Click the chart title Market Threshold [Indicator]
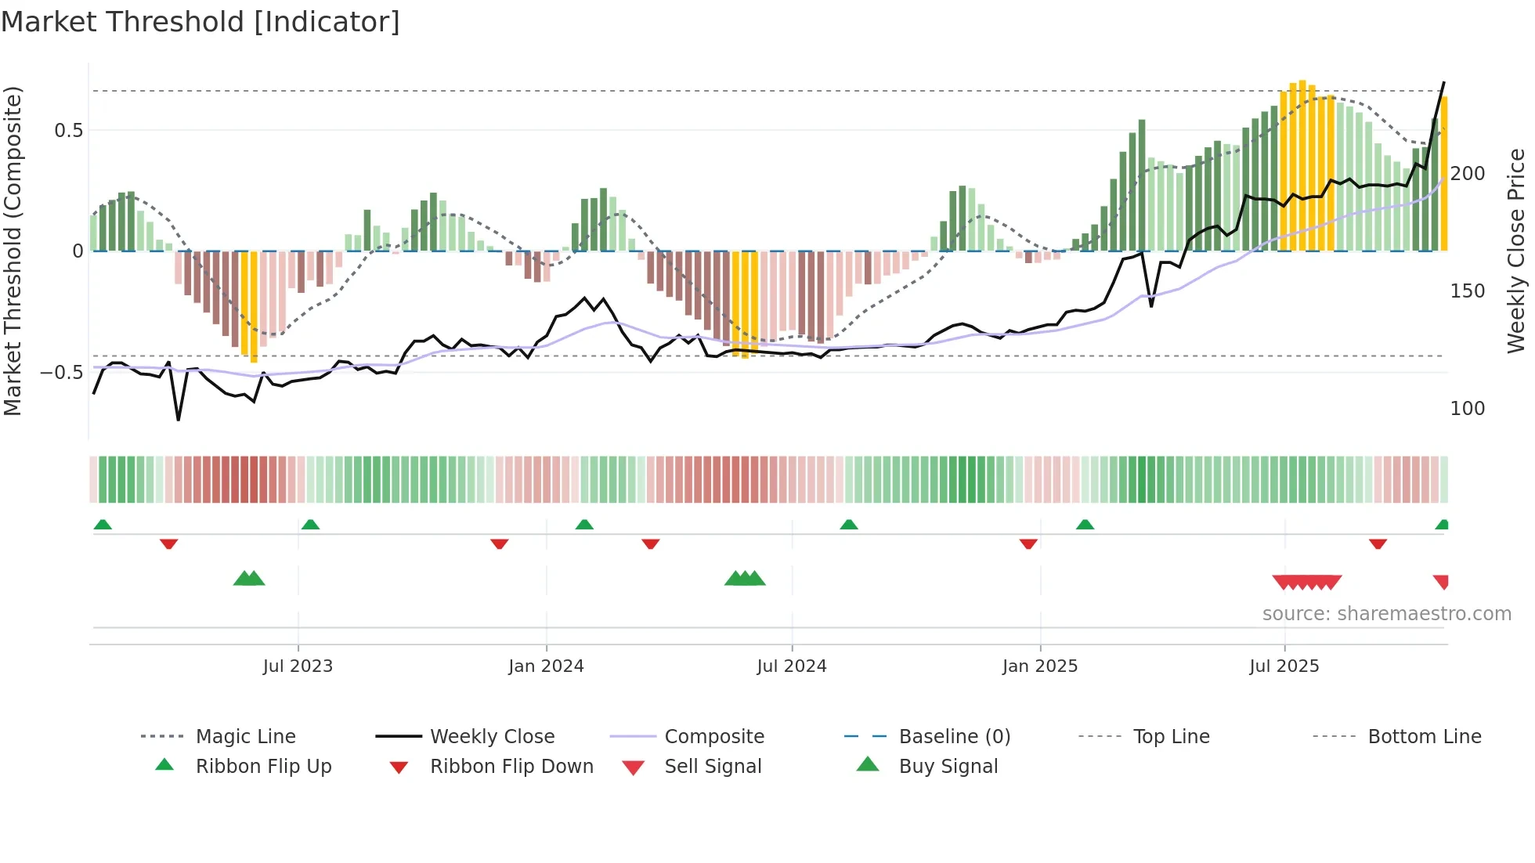(200, 22)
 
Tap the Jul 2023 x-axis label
(298, 666)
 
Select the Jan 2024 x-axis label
(546, 666)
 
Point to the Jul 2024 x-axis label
(792, 666)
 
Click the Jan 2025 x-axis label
(1040, 666)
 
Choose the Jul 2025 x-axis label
(1284, 666)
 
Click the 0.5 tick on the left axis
(69, 131)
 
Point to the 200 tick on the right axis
(1468, 174)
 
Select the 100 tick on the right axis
(1468, 409)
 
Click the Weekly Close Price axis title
(1516, 251)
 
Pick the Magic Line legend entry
(245, 737)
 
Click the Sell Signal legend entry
(713, 767)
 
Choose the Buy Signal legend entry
(948, 767)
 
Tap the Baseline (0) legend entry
(954, 737)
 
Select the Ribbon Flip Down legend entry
(511, 767)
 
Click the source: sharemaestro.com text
(1386, 614)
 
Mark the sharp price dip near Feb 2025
(1151, 305)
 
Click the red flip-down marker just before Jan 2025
(1028, 543)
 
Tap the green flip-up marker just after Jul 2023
(310, 524)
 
